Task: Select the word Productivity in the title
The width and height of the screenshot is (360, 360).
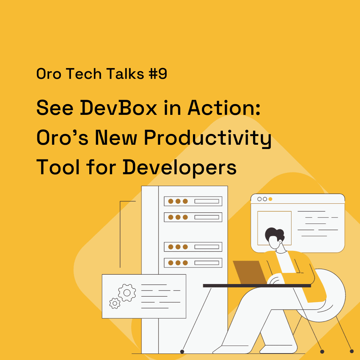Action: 208,138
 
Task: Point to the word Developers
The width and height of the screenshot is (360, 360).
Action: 180,167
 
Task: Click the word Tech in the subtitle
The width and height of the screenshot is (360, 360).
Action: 84,74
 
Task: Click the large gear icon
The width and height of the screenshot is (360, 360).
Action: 127,293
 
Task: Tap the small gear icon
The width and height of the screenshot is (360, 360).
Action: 115,303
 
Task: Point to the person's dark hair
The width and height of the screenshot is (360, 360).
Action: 274,234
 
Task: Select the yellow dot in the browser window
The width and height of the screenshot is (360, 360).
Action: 270,199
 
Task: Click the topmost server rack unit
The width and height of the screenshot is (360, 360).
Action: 193,201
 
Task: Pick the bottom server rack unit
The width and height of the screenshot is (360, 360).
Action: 193,263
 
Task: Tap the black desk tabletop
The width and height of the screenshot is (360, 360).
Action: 257,285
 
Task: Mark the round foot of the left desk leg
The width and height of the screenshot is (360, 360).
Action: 182,351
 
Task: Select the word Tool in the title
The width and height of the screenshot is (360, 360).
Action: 58,167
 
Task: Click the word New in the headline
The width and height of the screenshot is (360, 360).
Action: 116,138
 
